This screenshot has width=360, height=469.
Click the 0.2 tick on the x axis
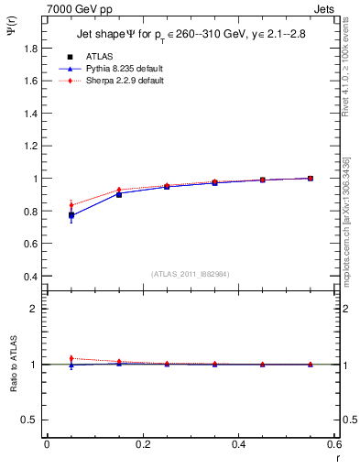coord(142,444)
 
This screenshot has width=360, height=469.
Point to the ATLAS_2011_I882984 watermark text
coord(191,274)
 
